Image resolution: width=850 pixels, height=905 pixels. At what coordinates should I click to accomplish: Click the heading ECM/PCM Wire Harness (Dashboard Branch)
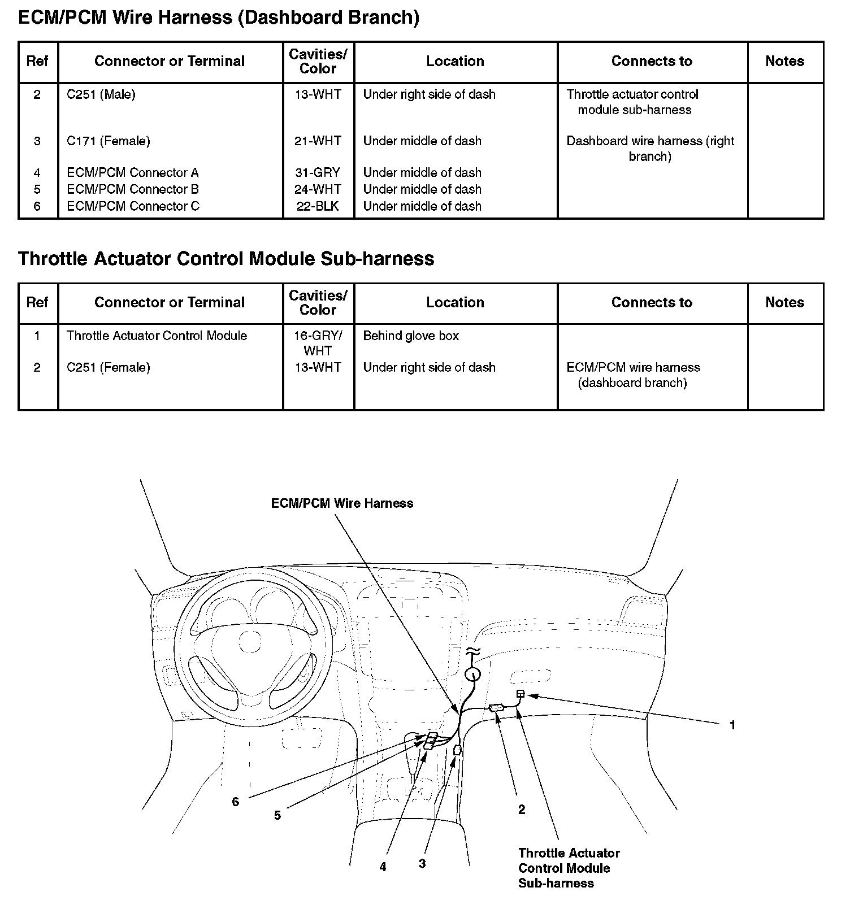coord(219,18)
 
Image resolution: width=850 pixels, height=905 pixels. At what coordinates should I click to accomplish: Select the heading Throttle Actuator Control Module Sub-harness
coord(226,259)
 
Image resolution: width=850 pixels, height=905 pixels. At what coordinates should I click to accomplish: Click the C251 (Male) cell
coord(101,94)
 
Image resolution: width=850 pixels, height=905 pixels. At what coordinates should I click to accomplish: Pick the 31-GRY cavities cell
coord(318,172)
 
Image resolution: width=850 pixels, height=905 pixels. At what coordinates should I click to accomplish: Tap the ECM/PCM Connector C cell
coord(133,206)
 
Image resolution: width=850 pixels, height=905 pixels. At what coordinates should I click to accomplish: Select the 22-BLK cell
coord(318,206)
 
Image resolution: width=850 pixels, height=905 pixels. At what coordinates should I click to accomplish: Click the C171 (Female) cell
coord(109,141)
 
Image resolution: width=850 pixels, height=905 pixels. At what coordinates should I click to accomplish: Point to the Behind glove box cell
coord(411,336)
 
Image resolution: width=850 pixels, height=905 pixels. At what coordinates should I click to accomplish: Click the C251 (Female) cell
coord(109,367)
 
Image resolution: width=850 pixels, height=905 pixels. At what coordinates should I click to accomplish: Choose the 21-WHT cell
coord(318,141)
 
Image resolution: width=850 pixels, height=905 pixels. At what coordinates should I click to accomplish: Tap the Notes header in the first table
coord(784,61)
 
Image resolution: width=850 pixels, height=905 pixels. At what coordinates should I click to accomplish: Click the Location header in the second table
coord(455,302)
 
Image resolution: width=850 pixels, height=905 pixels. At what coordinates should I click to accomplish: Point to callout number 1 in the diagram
coord(732,725)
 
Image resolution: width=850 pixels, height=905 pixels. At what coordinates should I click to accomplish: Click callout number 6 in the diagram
coord(236,802)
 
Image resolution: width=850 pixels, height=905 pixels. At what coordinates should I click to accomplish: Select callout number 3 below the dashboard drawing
coord(422,864)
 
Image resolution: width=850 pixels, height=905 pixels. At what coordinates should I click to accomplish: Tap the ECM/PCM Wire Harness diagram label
coord(342,503)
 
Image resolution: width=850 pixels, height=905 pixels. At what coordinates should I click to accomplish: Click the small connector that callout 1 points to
coord(521,694)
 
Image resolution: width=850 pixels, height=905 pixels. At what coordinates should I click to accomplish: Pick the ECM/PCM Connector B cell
coord(133,189)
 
